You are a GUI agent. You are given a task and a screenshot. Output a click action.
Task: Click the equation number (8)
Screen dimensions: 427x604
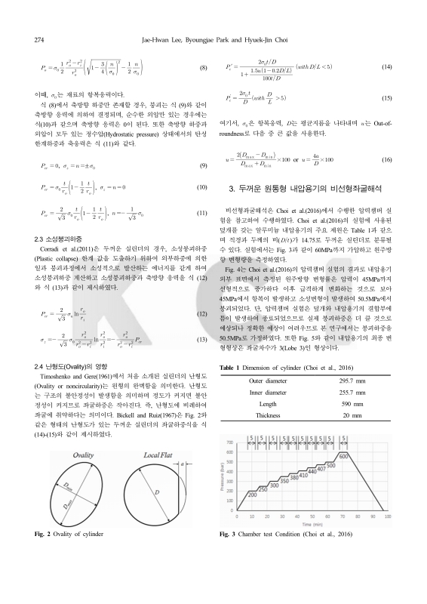(202, 68)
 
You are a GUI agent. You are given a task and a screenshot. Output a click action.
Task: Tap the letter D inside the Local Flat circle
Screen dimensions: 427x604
(155, 493)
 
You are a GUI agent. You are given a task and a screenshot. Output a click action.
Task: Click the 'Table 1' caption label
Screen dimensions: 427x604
(229, 347)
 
